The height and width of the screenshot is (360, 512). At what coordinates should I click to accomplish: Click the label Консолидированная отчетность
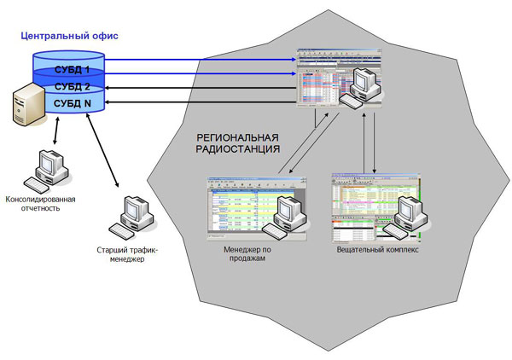pyautogui.click(x=41, y=205)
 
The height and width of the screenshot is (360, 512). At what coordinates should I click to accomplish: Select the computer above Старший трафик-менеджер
pyautogui.click(x=136, y=218)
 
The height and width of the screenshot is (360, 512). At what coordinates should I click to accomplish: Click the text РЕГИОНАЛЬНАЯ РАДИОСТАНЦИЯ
pyautogui.click(x=238, y=142)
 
